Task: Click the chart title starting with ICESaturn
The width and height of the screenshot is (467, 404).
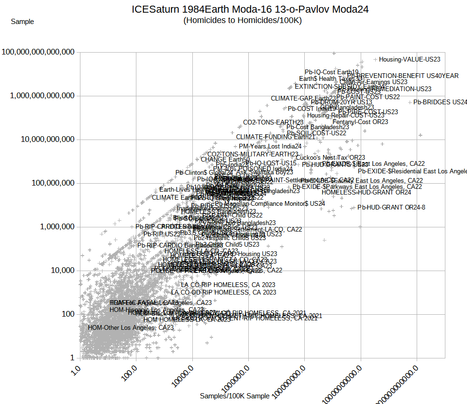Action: (250, 9)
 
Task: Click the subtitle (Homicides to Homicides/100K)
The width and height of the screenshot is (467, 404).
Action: (242, 20)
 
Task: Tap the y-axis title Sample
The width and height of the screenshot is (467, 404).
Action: (22, 22)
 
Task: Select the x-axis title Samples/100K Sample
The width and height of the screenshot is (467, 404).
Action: (235, 396)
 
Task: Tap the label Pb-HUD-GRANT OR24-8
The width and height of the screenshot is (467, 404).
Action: (391, 207)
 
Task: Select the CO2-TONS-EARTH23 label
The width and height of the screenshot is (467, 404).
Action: (273, 123)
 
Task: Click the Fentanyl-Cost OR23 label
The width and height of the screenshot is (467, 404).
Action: (360, 122)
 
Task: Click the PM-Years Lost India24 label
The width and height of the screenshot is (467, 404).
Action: (270, 147)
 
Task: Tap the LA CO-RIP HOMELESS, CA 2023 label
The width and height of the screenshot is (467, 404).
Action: (228, 285)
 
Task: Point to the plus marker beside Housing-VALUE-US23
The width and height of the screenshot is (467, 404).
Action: (375, 60)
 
